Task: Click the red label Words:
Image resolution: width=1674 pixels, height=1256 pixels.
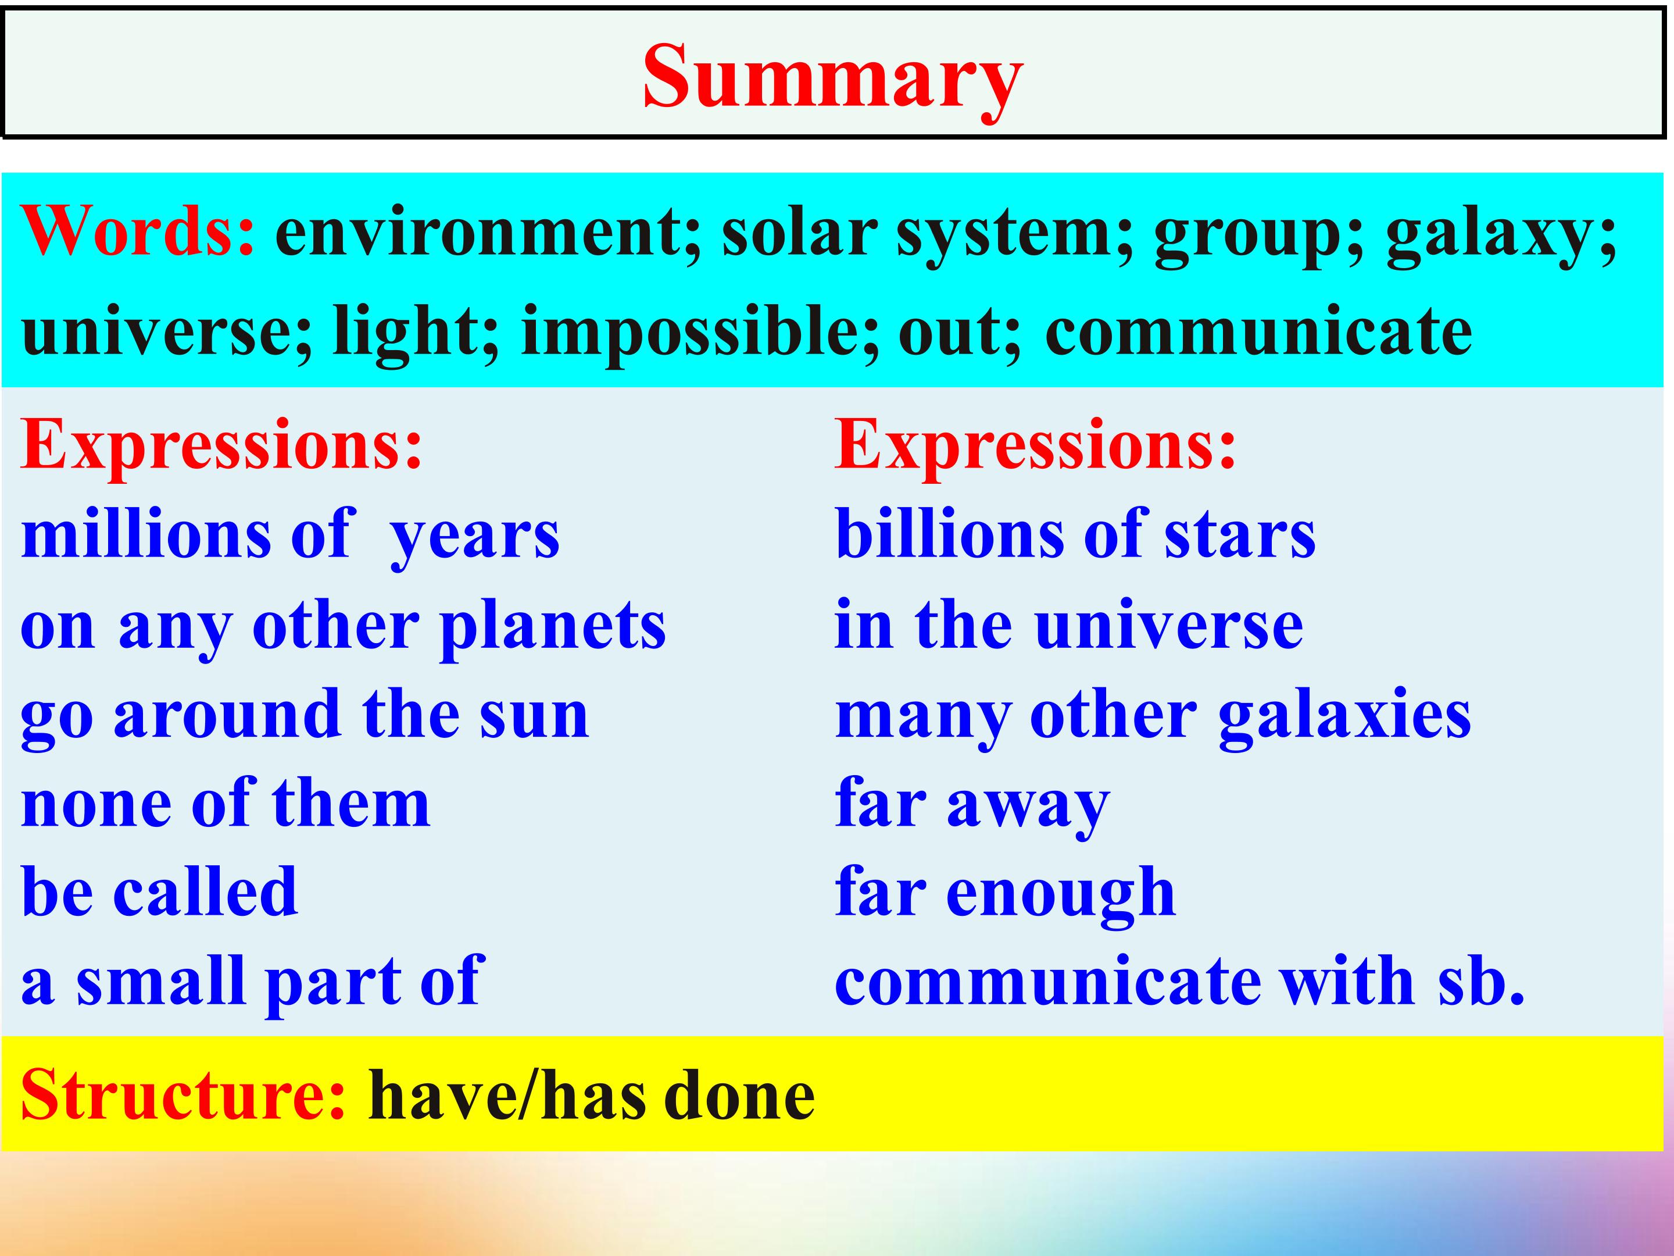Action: coord(138,231)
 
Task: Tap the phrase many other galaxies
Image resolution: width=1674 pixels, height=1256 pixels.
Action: coord(1153,717)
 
